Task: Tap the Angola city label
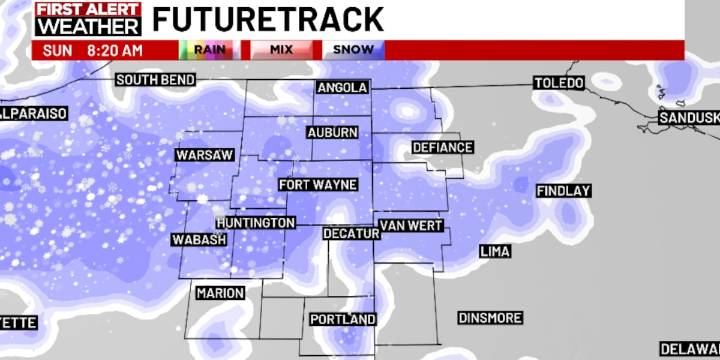[x=342, y=88]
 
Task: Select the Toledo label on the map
[x=558, y=83]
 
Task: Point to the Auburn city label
[x=332, y=132]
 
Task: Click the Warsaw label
[x=203, y=155]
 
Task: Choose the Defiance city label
[x=442, y=148]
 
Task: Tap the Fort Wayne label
[x=314, y=185]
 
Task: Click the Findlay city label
[x=564, y=190]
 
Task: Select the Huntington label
[x=255, y=222]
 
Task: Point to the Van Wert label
[x=410, y=225]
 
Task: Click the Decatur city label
[x=351, y=233]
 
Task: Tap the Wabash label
[x=199, y=240]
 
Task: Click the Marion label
[x=220, y=293]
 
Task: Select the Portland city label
[x=342, y=319]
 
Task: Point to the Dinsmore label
[x=490, y=318]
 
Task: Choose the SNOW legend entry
[x=349, y=49]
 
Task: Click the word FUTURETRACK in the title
[x=269, y=18]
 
